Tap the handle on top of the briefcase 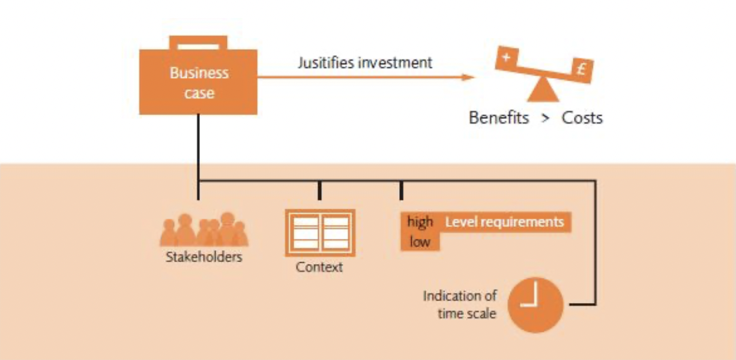(x=198, y=42)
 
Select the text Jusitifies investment (x=364, y=62)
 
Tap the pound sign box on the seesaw (x=581, y=70)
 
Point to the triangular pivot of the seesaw (x=543, y=91)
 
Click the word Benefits (x=499, y=118)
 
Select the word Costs (x=582, y=118)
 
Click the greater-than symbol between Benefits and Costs (x=545, y=118)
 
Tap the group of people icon (x=204, y=230)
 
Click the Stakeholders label (x=204, y=257)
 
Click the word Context (x=319, y=267)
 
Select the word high (x=420, y=222)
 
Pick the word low (x=420, y=242)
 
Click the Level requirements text (x=504, y=222)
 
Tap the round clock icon (x=535, y=305)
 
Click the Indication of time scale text (x=460, y=304)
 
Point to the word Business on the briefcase (x=199, y=73)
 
